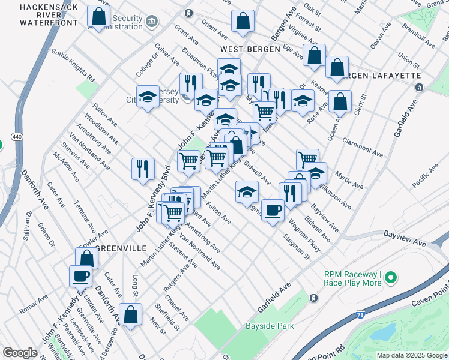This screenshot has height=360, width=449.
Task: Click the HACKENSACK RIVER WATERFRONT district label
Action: (x=40, y=15)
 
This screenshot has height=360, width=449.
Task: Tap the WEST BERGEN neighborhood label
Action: (x=250, y=49)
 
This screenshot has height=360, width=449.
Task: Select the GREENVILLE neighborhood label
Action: (x=121, y=248)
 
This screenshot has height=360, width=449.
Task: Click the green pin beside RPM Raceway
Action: (x=391, y=277)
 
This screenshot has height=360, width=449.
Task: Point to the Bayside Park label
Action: (x=270, y=326)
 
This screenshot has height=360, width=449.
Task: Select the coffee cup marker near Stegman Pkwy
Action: (x=273, y=210)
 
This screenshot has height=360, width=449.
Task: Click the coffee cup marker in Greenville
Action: (x=81, y=277)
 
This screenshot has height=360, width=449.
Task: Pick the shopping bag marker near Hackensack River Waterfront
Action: (x=98, y=16)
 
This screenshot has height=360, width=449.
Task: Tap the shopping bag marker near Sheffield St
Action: (x=130, y=314)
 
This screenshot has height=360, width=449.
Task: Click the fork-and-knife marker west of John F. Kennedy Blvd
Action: (x=143, y=169)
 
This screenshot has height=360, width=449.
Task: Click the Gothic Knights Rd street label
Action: (x=73, y=65)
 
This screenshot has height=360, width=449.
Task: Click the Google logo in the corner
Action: (x=20, y=353)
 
